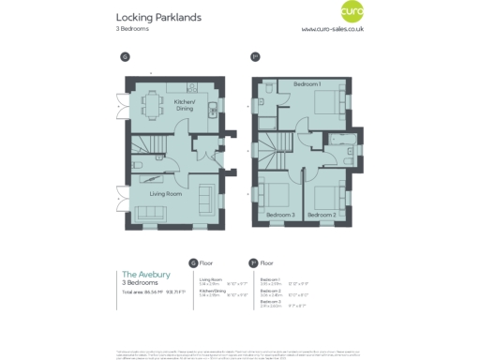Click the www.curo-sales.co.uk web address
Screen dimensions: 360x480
tap(333, 29)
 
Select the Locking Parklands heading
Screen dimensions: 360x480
tap(158, 17)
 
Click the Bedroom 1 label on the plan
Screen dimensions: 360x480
tap(307, 84)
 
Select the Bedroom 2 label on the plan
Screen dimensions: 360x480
tap(322, 216)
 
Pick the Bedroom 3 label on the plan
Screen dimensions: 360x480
tap(280, 216)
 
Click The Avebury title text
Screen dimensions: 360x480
tap(146, 274)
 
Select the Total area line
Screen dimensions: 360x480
tap(155, 293)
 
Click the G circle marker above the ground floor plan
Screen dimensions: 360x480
tap(125, 57)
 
